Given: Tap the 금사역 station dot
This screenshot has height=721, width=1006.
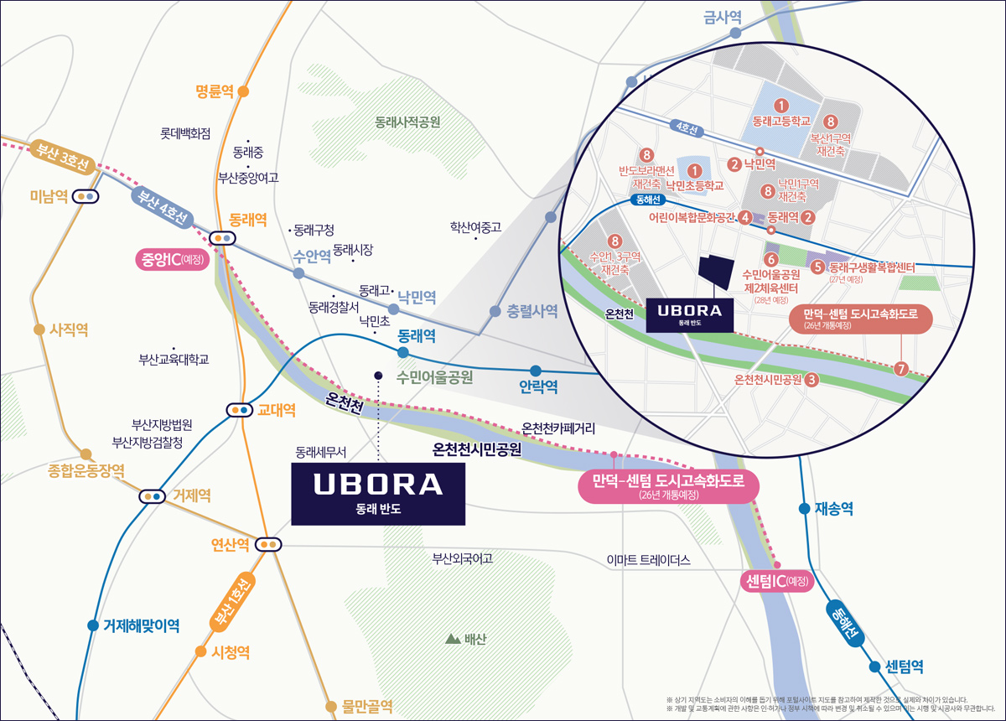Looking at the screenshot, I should tap(735, 33).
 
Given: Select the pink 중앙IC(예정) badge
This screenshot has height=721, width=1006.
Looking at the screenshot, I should tap(170, 259).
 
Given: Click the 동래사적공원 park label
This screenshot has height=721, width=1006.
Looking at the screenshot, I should tap(407, 122).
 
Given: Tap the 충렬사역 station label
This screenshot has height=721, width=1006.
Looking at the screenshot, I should tap(532, 311).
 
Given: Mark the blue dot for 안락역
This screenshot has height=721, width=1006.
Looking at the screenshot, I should tap(536, 371).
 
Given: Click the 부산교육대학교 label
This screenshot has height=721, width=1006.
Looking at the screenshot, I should tap(174, 360).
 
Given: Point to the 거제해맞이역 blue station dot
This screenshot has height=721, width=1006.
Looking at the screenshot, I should tap(93, 625).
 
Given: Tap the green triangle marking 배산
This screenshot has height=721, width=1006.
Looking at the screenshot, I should tap(453, 640).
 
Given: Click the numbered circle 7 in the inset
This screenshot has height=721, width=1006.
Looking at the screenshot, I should tap(901, 368).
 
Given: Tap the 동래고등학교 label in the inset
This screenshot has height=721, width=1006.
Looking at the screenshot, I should tap(782, 121).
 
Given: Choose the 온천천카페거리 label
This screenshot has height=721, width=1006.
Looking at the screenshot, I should tap(558, 428).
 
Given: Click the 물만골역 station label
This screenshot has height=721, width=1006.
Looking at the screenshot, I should tap(367, 706).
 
